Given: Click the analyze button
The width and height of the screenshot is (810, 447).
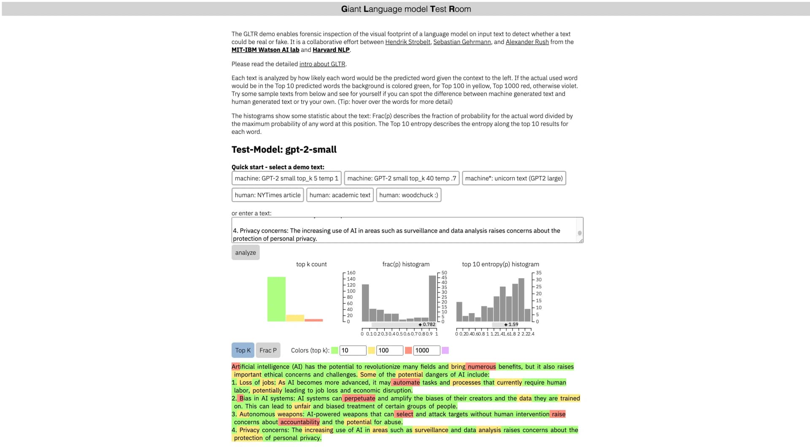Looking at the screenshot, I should [x=246, y=252].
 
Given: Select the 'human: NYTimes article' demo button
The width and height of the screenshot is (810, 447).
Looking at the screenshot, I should [x=267, y=195].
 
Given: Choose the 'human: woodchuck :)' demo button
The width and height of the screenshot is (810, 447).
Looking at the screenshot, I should [x=408, y=195].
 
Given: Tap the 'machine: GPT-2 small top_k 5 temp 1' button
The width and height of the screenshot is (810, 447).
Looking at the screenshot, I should [x=286, y=178].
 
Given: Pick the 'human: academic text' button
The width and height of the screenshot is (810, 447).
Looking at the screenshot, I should [x=340, y=195].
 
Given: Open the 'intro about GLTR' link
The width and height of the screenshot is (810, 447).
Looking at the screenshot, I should [x=322, y=64].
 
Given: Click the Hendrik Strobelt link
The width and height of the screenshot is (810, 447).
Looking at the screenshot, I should [x=408, y=42].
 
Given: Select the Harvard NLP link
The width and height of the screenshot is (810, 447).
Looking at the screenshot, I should [x=331, y=50].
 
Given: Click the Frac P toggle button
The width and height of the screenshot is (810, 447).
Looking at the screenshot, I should [x=268, y=350].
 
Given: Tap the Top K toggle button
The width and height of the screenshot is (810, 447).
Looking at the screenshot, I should [x=243, y=350].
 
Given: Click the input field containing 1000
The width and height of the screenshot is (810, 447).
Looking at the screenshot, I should [x=426, y=350].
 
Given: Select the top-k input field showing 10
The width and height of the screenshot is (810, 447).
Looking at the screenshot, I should [x=353, y=350].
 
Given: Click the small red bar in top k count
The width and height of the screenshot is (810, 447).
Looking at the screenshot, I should [x=313, y=320].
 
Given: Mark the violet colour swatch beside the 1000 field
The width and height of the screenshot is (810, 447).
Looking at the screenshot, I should [x=445, y=350].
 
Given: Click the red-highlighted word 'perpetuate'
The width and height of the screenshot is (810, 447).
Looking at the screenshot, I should [x=359, y=398].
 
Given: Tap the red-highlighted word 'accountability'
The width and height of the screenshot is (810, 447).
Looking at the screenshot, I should [x=300, y=422].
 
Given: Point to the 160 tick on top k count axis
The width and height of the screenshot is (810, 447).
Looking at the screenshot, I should [x=351, y=273].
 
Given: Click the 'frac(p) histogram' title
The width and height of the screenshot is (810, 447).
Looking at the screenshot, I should [x=406, y=264].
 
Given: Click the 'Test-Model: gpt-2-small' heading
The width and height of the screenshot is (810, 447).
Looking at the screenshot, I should [x=284, y=149].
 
